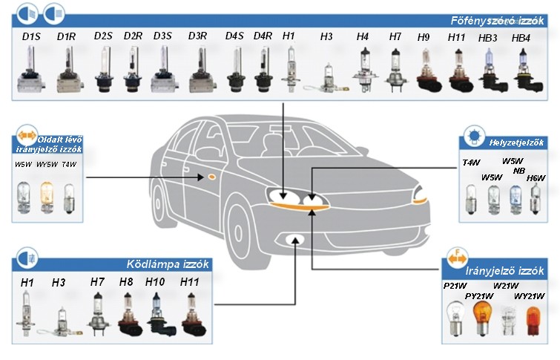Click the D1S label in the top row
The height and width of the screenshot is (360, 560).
(31, 36)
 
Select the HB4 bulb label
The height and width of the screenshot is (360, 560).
(521, 38)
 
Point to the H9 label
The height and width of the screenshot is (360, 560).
(424, 37)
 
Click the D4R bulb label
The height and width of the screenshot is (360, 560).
(263, 36)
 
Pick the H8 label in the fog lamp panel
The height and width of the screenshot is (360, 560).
(126, 282)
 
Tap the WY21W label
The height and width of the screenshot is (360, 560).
(530, 296)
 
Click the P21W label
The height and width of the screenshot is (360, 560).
(455, 286)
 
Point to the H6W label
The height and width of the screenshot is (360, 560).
(536, 177)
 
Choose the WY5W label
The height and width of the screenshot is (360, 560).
(47, 165)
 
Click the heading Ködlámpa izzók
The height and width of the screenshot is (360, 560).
(168, 264)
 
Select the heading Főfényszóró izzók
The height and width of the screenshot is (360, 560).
(497, 20)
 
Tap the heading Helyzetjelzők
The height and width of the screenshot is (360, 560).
(516, 143)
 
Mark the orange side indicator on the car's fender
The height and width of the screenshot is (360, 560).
(211, 177)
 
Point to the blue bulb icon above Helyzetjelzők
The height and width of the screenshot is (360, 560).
(474, 137)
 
